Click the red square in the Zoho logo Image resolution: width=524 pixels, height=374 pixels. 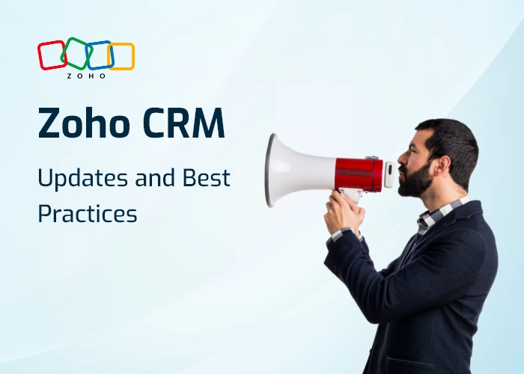(52, 55)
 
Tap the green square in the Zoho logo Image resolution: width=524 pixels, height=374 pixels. (75, 53)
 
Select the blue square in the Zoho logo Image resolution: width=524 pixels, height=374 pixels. (99, 55)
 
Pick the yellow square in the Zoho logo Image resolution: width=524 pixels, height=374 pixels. (121, 56)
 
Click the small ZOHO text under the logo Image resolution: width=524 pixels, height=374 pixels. (86, 76)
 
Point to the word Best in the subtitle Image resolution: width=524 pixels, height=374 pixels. (207, 179)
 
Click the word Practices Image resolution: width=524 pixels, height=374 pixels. (88, 213)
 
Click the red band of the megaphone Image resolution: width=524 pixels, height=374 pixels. (359, 174)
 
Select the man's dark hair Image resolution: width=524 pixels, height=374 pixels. (453, 138)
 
